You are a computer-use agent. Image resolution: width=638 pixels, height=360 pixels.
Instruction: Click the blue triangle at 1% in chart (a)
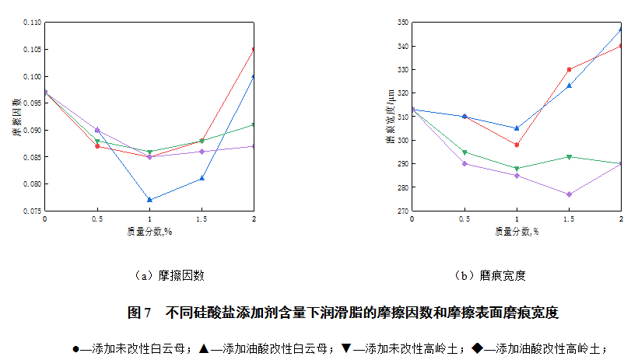point(149,200)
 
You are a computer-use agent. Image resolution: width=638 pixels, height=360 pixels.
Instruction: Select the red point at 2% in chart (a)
point(254,50)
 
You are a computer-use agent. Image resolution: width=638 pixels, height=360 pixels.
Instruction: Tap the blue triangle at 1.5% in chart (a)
point(202,178)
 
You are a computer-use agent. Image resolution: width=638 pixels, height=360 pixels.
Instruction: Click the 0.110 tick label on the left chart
point(32,23)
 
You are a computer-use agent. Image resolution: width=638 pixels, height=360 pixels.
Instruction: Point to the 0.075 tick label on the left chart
point(32,211)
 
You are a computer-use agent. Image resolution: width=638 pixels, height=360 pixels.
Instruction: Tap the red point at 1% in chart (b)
point(517,145)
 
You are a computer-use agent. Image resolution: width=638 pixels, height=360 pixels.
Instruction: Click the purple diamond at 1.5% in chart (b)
point(569,194)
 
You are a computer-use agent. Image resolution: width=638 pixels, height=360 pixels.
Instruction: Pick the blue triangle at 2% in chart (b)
point(621,30)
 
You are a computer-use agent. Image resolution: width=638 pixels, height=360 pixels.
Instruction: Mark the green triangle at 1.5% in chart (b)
point(569,157)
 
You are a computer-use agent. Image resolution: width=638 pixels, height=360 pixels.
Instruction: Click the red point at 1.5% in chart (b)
point(569,69)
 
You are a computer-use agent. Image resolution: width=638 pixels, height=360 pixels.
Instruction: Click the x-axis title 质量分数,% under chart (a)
point(149,232)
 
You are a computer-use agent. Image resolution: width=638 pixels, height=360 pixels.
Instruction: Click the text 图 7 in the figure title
point(138,313)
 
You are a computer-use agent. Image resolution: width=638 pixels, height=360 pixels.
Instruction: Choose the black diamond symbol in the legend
point(477,349)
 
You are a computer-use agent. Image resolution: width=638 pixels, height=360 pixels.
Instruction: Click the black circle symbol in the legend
point(75,349)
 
